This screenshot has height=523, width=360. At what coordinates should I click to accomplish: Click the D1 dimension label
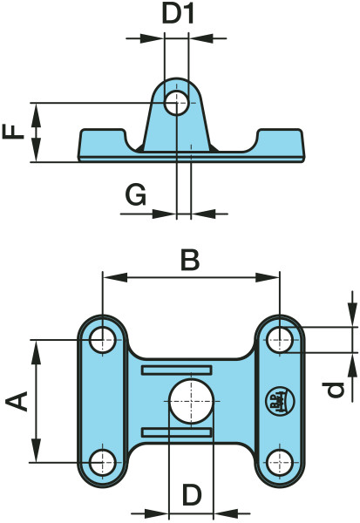tap(178, 15)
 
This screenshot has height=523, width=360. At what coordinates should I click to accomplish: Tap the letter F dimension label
tap(13, 132)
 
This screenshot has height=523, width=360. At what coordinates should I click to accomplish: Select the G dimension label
tap(136, 195)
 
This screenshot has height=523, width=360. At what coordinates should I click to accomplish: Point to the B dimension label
tap(190, 260)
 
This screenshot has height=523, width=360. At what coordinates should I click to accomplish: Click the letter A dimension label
tap(17, 401)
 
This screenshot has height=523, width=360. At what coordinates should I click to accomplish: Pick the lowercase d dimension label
tap(335, 391)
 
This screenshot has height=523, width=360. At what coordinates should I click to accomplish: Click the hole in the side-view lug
tap(177, 103)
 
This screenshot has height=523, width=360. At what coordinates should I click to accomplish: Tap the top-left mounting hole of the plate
tap(103, 340)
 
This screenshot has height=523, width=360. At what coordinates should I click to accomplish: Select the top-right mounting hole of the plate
tap(280, 340)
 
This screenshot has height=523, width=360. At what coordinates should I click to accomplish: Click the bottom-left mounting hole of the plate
tap(103, 462)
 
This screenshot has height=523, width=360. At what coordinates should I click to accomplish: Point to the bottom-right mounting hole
tap(280, 462)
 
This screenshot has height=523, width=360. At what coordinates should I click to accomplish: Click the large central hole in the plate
tap(192, 401)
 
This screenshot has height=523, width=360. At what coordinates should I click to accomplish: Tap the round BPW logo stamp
tap(280, 401)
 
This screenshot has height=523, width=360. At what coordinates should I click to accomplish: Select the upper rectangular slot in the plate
tap(177, 370)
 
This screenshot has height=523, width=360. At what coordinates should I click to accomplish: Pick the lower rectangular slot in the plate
tap(177, 432)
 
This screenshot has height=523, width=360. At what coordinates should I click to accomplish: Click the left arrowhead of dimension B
tap(115, 277)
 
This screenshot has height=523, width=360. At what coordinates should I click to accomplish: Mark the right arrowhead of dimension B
tap(268, 277)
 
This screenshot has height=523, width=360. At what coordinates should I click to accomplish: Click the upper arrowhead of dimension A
tap(36, 352)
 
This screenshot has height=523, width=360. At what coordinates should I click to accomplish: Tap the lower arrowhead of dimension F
tap(36, 150)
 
